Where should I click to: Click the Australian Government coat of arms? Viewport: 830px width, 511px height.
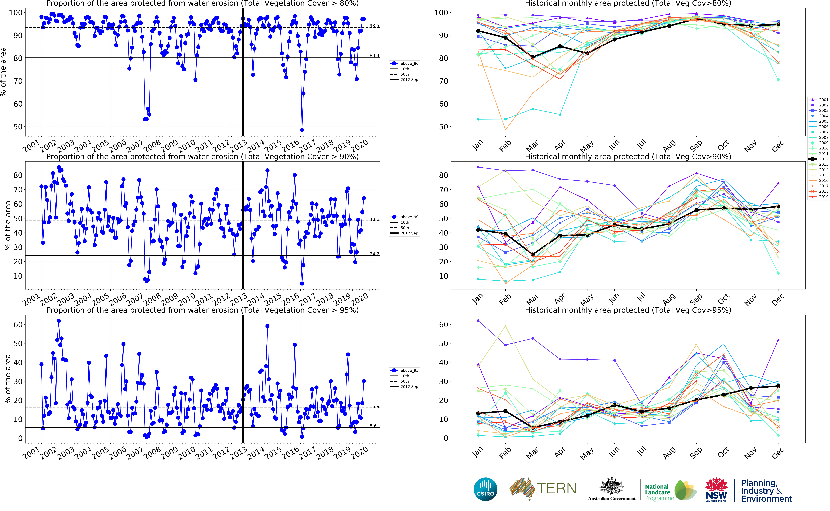[x=611, y=487]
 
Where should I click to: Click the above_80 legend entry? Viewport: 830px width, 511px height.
[x=409, y=63]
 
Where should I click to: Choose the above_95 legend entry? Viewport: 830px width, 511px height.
[x=409, y=370]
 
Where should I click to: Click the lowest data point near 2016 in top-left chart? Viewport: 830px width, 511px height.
[x=302, y=130]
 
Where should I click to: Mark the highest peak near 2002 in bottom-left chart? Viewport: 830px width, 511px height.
[x=59, y=321]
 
